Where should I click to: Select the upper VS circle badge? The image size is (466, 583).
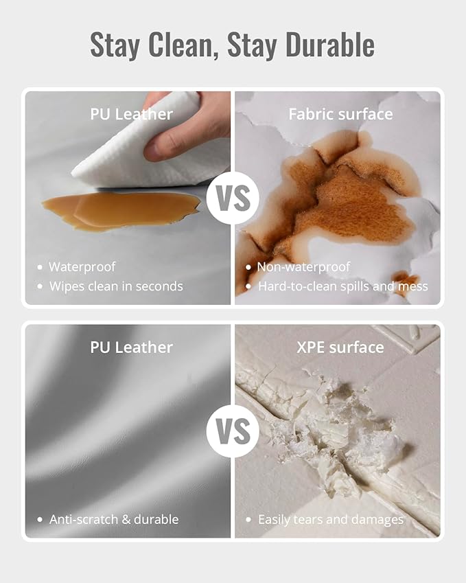(x=233, y=198)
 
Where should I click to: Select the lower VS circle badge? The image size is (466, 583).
(x=233, y=431)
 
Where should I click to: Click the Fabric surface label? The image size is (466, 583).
(x=340, y=114)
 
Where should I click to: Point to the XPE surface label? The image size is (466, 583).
(x=340, y=347)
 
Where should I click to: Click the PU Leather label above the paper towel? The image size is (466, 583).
(x=132, y=114)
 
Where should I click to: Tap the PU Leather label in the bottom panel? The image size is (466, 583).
(x=132, y=347)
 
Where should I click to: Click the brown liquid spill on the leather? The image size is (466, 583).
(x=121, y=211)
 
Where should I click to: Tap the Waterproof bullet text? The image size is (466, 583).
(x=82, y=266)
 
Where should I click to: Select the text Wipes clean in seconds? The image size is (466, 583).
(x=116, y=286)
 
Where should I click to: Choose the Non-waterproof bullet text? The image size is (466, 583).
(x=303, y=266)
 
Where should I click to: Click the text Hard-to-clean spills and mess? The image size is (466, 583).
(x=343, y=286)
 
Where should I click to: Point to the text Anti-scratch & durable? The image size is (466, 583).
(x=114, y=519)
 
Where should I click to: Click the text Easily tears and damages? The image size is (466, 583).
(x=331, y=519)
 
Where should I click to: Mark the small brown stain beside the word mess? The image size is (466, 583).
(x=406, y=281)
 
